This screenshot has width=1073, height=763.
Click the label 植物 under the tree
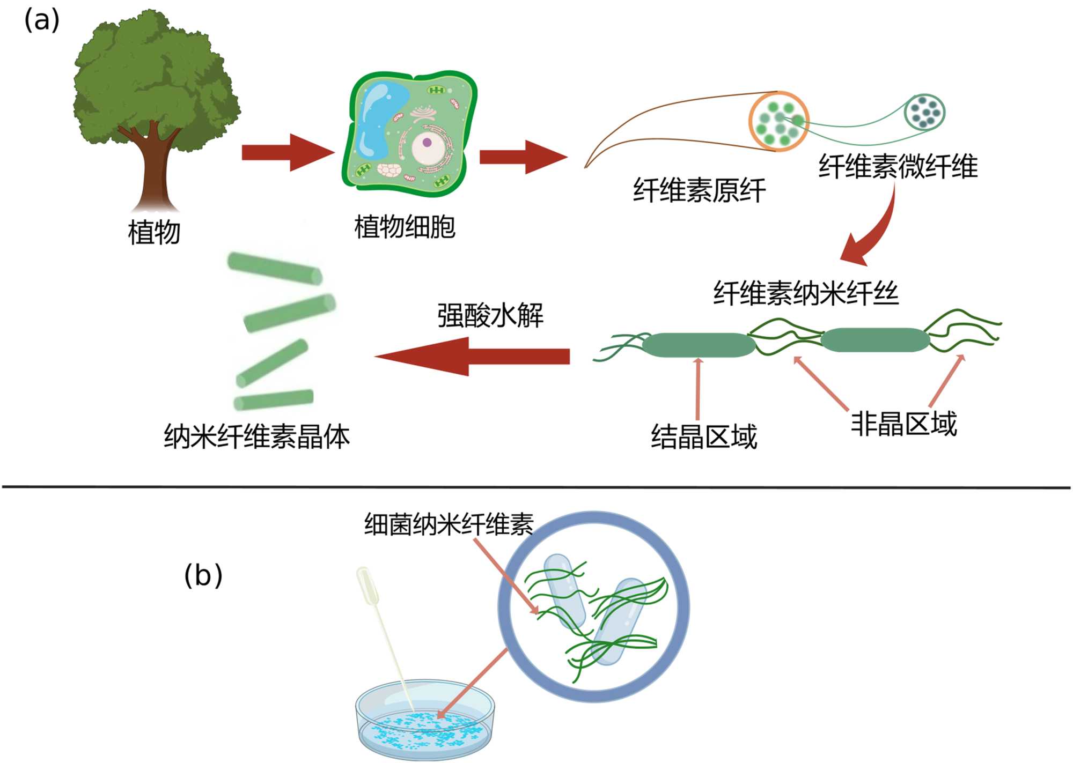[x=154, y=233]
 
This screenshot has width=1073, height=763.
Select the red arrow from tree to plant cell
[x=288, y=153]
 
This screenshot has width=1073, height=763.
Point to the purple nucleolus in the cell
[x=427, y=143]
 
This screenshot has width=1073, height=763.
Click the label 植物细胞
[x=405, y=227]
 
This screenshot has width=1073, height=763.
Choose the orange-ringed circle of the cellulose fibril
[x=778, y=122]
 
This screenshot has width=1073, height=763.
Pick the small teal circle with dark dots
[x=924, y=112]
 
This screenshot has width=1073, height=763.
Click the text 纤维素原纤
[x=699, y=190]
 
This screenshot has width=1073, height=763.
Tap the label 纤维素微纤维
[x=898, y=166]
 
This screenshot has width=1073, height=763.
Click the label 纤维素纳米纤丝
[x=805, y=293]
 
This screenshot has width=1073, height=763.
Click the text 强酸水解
[x=490, y=315]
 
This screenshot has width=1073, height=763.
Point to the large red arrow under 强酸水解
[x=472, y=357]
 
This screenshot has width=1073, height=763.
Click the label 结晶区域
[x=704, y=436]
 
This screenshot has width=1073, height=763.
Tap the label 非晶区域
[x=903, y=424]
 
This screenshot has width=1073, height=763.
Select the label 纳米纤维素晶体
[x=256, y=436]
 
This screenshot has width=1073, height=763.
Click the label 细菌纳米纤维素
[x=449, y=524]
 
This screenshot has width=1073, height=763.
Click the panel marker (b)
[x=203, y=576]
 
